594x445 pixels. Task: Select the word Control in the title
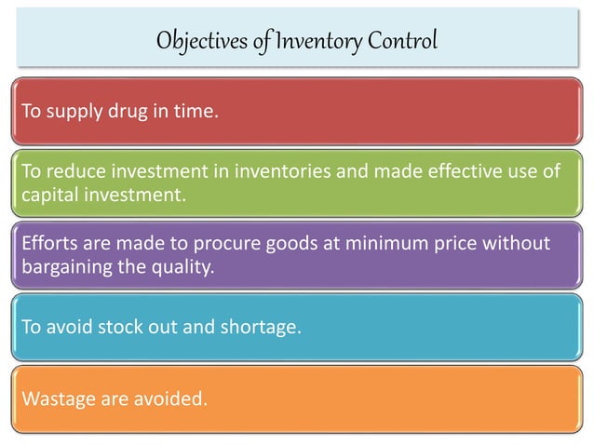pos(400,42)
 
